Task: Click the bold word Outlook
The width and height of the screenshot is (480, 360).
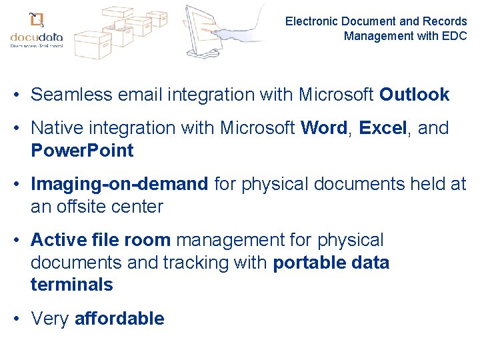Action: [x=414, y=95]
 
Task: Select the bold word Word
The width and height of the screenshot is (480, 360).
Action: [x=325, y=128]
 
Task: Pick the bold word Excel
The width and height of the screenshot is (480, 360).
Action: [x=383, y=128]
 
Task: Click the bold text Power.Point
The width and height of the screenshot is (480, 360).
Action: [x=82, y=151]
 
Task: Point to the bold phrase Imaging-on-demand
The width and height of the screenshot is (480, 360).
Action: [x=119, y=184]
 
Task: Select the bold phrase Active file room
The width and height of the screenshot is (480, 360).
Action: [x=101, y=240]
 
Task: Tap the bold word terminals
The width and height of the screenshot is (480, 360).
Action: [x=72, y=285]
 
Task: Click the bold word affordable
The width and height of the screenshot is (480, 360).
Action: [x=119, y=319]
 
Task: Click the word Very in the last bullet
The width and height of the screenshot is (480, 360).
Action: [x=50, y=319]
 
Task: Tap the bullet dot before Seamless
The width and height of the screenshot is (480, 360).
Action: [x=15, y=95]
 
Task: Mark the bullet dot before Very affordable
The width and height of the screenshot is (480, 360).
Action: [x=15, y=319]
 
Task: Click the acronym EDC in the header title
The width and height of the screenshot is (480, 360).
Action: [x=454, y=35]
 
